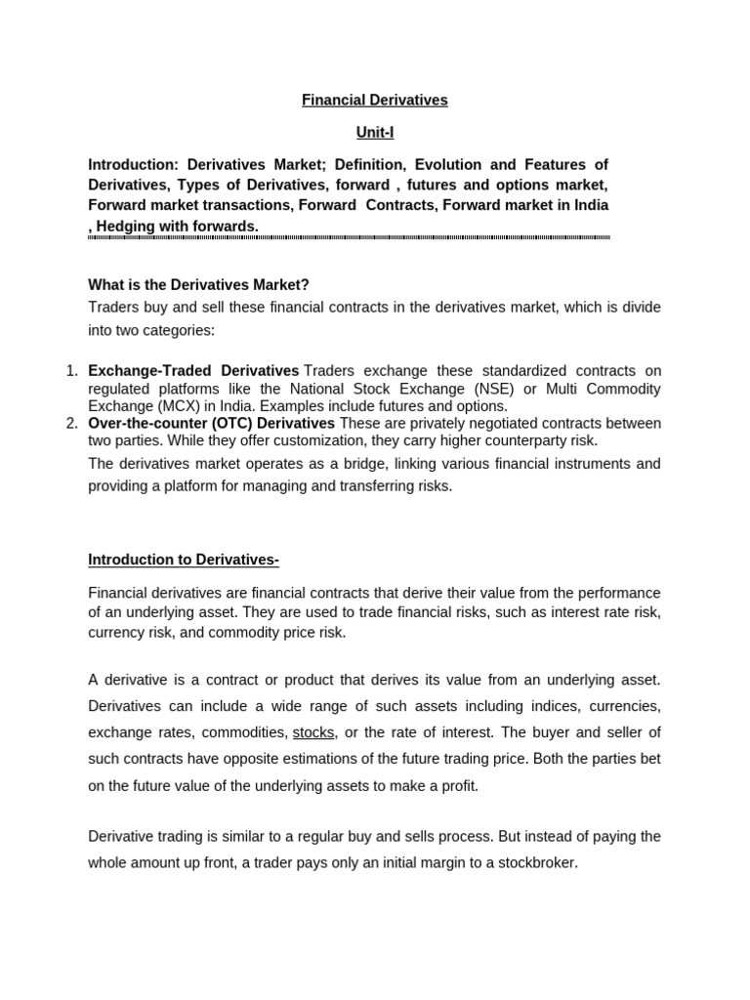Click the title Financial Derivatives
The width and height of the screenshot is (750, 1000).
(x=374, y=100)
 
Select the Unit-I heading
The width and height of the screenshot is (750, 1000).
(x=374, y=133)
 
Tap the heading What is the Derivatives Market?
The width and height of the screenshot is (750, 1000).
(x=198, y=284)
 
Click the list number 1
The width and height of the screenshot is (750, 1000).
(x=70, y=371)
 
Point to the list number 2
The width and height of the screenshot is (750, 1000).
(x=70, y=423)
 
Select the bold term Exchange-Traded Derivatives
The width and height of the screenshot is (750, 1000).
(x=193, y=371)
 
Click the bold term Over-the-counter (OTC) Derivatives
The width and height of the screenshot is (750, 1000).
(x=211, y=423)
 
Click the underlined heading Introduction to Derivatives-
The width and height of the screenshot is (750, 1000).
(x=184, y=560)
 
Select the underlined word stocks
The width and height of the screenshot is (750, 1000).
(x=313, y=732)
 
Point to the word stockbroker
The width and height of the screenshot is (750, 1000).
(x=535, y=863)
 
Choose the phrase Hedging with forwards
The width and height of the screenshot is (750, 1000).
(x=177, y=226)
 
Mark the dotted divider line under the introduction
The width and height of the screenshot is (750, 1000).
(x=349, y=237)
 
